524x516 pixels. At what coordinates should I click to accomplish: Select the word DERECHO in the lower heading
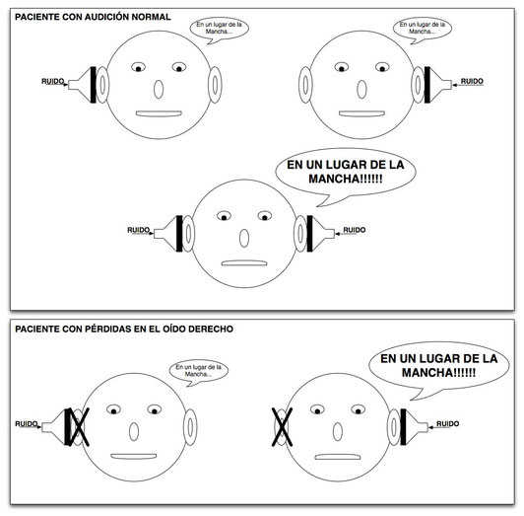pyautogui.click(x=211, y=329)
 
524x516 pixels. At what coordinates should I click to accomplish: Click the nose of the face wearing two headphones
pyautogui.click(x=244, y=238)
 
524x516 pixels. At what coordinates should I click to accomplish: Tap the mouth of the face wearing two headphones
pyautogui.click(x=244, y=263)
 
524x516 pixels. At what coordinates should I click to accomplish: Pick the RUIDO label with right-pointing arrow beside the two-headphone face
pyautogui.click(x=140, y=231)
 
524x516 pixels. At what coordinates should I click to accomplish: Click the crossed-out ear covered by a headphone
pyautogui.click(x=78, y=427)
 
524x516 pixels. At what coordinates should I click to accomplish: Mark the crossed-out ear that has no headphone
pyautogui.click(x=282, y=427)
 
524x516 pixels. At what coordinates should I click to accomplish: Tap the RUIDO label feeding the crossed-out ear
pyautogui.click(x=28, y=424)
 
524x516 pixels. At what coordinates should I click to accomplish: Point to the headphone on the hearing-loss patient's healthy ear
pyautogui.click(x=414, y=427)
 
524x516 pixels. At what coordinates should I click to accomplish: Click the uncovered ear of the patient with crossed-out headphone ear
pyautogui.click(x=190, y=427)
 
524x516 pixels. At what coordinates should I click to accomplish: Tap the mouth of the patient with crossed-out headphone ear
pyautogui.click(x=134, y=456)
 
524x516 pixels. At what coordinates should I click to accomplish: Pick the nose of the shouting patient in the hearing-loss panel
pyautogui.click(x=338, y=432)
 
